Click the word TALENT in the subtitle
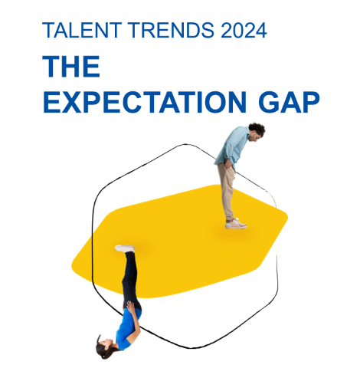(82, 30)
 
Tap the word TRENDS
(171, 30)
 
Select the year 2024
(244, 30)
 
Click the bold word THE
(71, 66)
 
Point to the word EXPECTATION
(145, 102)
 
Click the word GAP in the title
(290, 102)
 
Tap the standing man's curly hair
(257, 128)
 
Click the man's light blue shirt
(232, 147)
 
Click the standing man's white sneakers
(236, 224)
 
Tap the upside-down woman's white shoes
(125, 248)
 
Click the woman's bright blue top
(128, 329)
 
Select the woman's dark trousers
(131, 281)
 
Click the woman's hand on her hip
(131, 307)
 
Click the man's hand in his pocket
(228, 164)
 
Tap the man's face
(255, 137)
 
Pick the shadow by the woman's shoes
(139, 248)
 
